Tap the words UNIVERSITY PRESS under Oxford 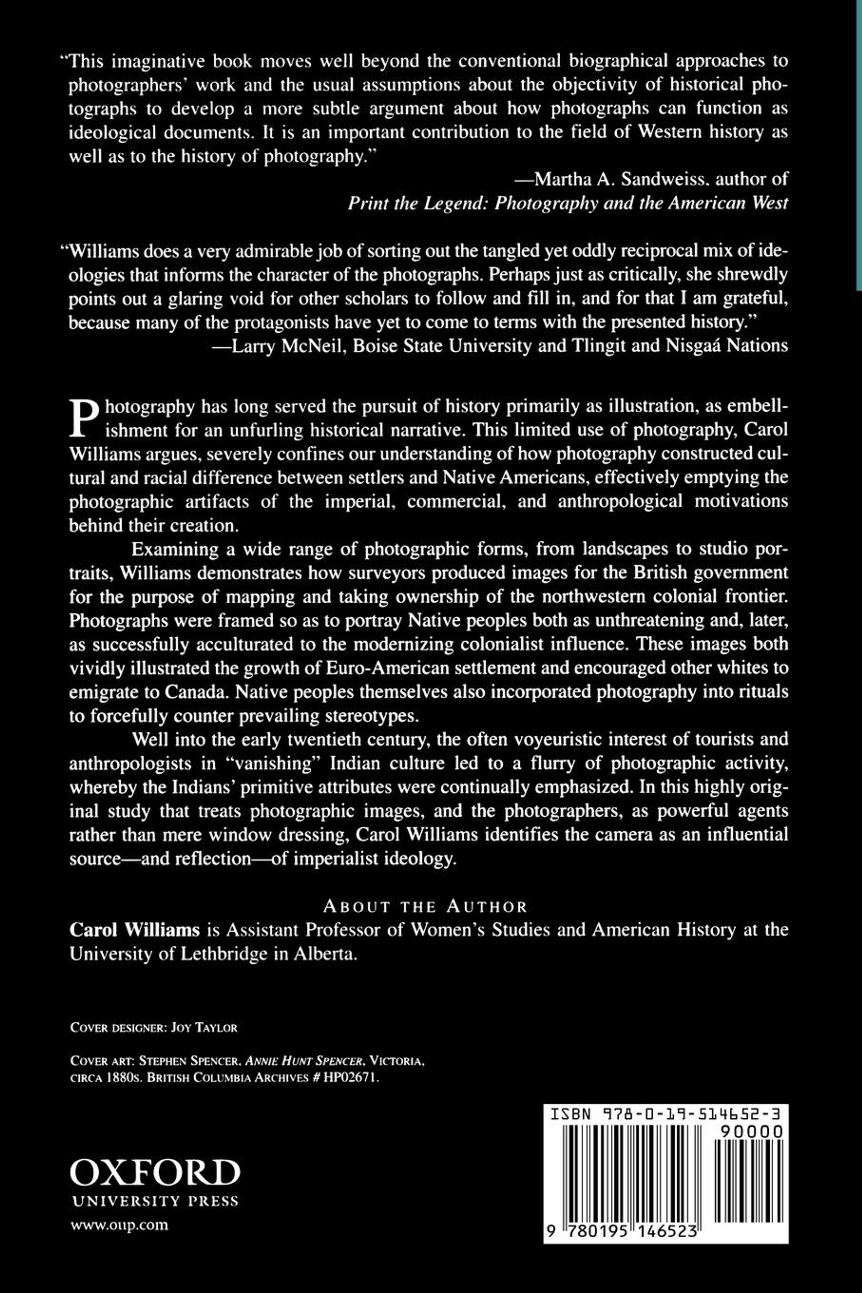point(155,1201)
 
